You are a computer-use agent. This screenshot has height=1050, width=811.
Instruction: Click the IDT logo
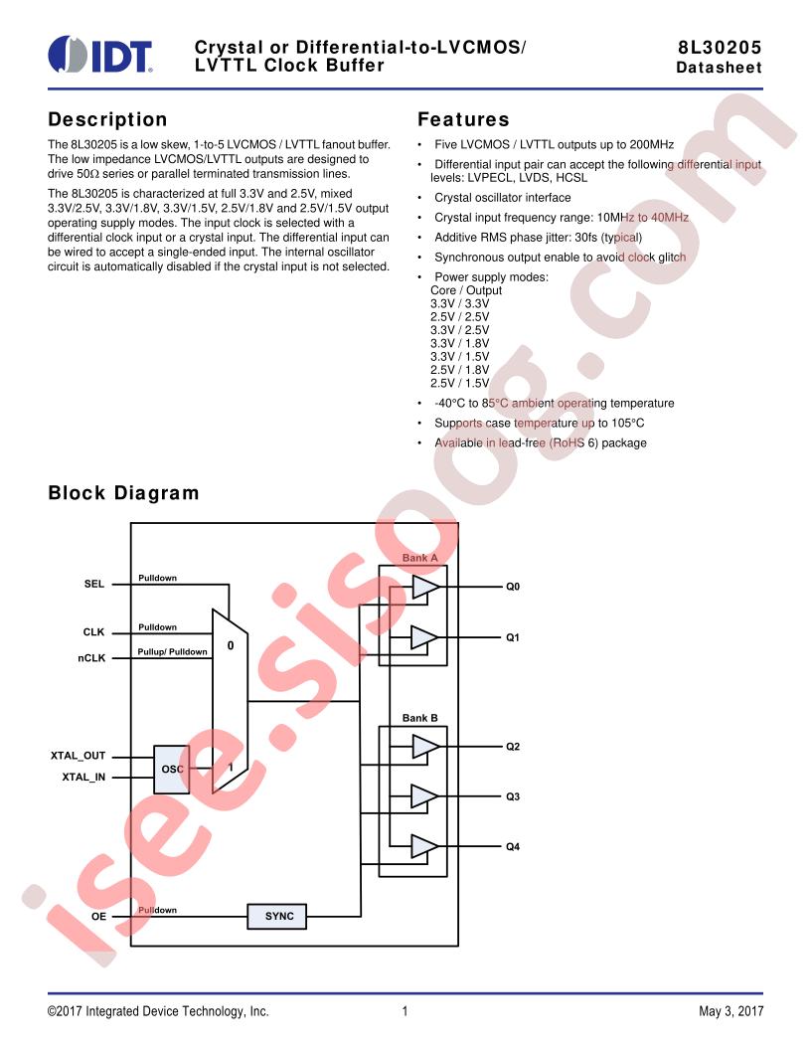click(100, 54)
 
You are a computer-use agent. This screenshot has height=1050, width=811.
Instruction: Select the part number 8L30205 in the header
click(720, 48)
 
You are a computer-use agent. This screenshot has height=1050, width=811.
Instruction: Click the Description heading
click(107, 120)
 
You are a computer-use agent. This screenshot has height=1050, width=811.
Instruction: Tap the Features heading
click(463, 120)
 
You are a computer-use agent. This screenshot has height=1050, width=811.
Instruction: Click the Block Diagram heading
click(123, 493)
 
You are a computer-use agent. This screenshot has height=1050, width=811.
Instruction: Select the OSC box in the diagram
click(172, 770)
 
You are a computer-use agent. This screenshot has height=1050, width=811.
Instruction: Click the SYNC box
click(277, 916)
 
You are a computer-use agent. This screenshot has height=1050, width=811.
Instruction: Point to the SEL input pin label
click(94, 584)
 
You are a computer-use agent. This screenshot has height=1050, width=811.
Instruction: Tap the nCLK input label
click(91, 658)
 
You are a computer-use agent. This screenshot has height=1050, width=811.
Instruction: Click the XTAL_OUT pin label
click(79, 756)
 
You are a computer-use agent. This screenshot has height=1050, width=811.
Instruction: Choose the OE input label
click(98, 916)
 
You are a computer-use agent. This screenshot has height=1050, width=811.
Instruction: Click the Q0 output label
click(513, 587)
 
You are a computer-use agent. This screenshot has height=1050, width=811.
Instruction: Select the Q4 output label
click(513, 847)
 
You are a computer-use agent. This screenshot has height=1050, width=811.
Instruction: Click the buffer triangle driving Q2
click(424, 746)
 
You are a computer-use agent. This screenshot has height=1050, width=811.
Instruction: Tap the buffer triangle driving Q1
click(424, 637)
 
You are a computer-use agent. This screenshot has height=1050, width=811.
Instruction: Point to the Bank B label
click(420, 718)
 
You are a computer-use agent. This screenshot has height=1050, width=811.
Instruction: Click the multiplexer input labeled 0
click(231, 645)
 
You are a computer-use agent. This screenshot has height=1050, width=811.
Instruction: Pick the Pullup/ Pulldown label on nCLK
click(173, 651)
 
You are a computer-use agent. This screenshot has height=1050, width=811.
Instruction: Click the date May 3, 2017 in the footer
click(730, 1011)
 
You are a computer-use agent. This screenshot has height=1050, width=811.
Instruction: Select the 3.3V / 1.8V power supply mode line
click(460, 343)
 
